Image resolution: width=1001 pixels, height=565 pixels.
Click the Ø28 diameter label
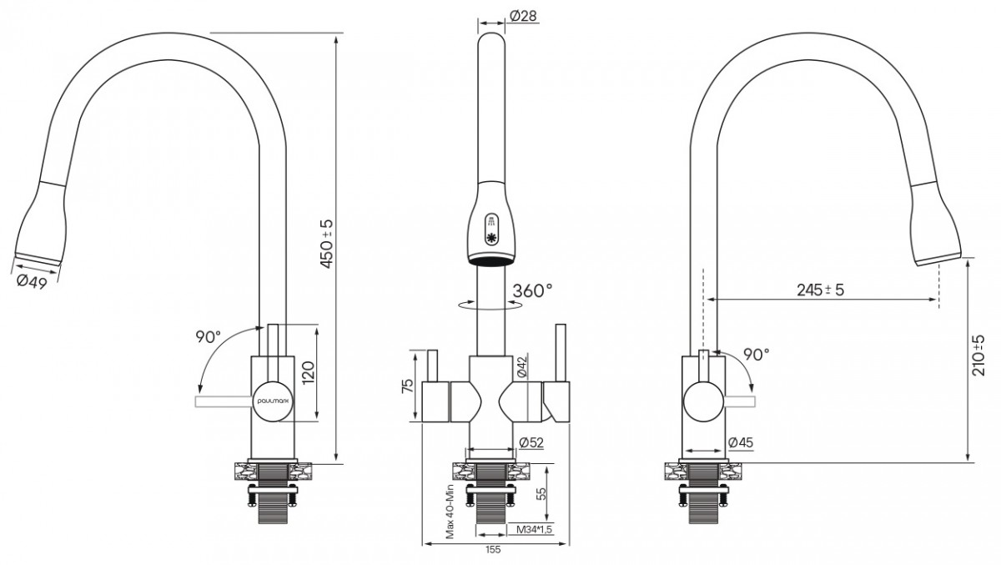pyautogui.click(x=523, y=16)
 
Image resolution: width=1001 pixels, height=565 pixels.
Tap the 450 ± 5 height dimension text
pyautogui.click(x=327, y=244)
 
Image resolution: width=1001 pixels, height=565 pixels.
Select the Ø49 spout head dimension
pyautogui.click(x=32, y=281)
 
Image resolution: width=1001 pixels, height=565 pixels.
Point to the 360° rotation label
pyautogui.click(x=532, y=290)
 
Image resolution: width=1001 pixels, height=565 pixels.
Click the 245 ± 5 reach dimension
pyautogui.click(x=821, y=290)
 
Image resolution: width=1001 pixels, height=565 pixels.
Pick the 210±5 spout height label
pyautogui.click(x=978, y=356)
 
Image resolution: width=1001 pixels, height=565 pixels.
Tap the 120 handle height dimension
pyautogui.click(x=309, y=372)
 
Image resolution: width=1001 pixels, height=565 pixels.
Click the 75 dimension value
pyautogui.click(x=408, y=386)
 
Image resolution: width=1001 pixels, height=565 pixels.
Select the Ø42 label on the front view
pyautogui.click(x=522, y=366)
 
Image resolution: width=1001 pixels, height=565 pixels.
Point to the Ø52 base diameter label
pyautogui.click(x=531, y=442)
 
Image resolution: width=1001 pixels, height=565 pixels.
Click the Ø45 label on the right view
pyautogui.click(x=741, y=442)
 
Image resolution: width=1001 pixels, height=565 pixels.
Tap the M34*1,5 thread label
pyautogui.click(x=535, y=530)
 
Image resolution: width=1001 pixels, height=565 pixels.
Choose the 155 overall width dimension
pyautogui.click(x=493, y=550)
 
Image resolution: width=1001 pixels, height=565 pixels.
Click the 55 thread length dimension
pyautogui.click(x=541, y=494)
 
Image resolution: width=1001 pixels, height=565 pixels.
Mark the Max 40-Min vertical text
pyautogui.click(x=450, y=512)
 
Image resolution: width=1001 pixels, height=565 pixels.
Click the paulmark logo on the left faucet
pyautogui.click(x=273, y=401)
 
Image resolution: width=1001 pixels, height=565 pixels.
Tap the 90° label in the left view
pyautogui.click(x=208, y=337)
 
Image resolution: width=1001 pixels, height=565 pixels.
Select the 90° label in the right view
pyautogui.click(x=757, y=355)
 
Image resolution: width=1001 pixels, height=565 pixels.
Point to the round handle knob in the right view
pyautogui.click(x=703, y=401)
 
